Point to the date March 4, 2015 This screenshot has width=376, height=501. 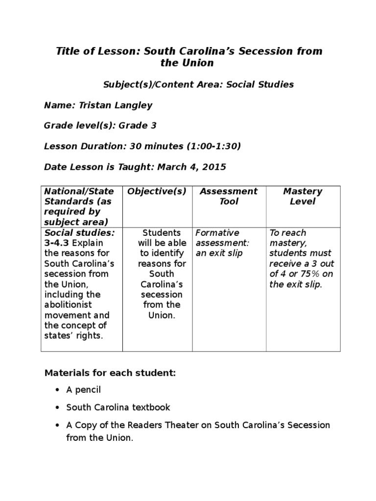tap(191, 167)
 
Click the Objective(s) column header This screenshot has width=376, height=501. tap(157, 191)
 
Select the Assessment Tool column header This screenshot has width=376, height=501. tap(229, 196)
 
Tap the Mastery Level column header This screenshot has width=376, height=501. tap(303, 196)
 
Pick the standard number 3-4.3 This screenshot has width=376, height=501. tap(55, 243)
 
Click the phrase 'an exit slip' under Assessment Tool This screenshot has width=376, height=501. tap(219, 253)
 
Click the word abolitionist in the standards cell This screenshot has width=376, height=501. tap(67, 305)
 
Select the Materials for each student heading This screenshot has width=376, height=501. tap(110, 373)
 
